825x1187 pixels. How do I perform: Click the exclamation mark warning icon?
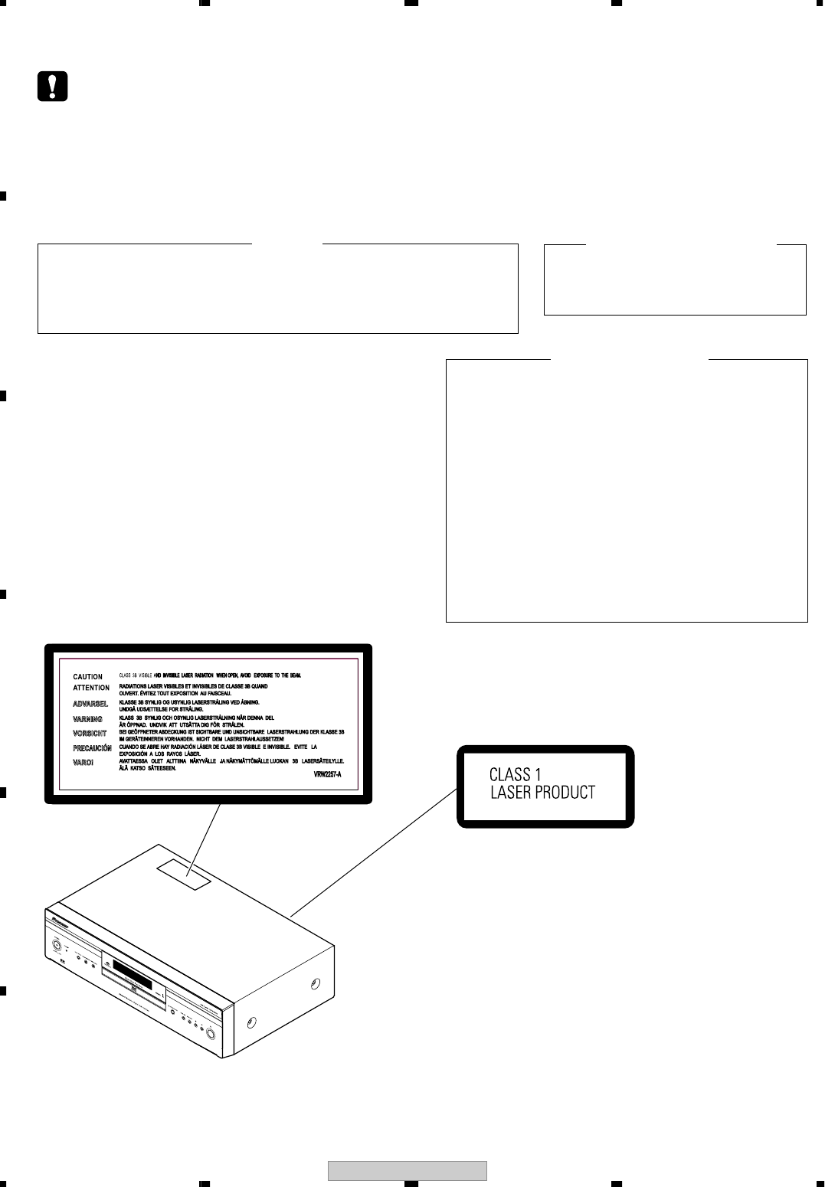tap(52, 87)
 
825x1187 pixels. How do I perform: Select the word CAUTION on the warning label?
tap(87, 677)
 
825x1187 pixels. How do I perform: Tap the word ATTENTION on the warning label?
tap(91, 688)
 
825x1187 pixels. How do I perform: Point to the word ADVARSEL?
tap(90, 704)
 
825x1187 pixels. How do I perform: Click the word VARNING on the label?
tap(87, 720)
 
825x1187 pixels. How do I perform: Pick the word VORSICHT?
tap(90, 734)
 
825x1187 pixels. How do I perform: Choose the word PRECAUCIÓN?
tap(92, 748)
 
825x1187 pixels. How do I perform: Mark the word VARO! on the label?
tap(83, 763)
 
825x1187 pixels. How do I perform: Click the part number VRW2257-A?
tap(327, 775)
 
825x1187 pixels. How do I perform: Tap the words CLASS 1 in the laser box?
tap(515, 775)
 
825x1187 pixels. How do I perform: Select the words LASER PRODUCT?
tap(542, 793)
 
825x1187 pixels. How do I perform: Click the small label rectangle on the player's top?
tap(184, 874)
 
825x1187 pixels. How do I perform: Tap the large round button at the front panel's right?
tap(209, 1031)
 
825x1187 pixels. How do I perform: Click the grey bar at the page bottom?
tap(408, 1171)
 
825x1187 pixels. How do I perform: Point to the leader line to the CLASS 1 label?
tap(374, 852)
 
